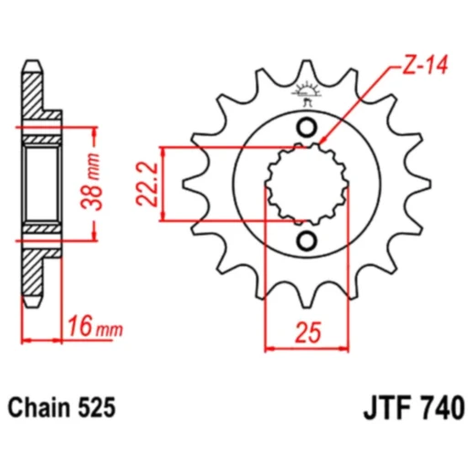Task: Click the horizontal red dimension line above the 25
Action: pos(307,347)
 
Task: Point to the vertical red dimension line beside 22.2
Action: pos(164,183)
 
